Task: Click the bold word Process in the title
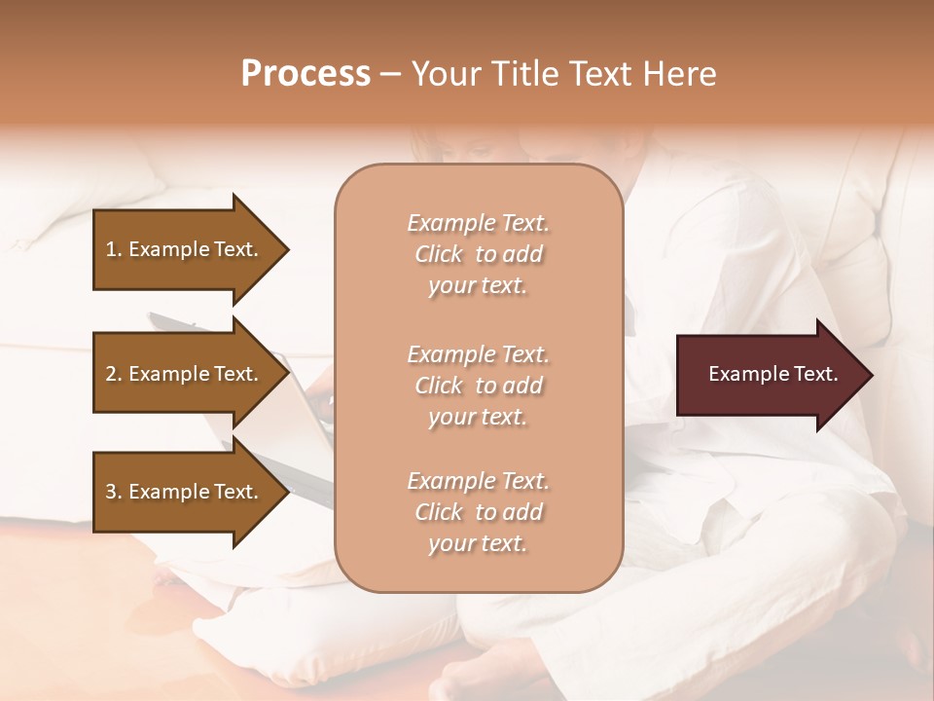point(305,74)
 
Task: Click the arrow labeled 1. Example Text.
point(185,249)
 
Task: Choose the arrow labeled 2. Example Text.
point(185,374)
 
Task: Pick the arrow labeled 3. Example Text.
point(185,492)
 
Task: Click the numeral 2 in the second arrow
point(110,374)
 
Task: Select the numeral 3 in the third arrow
point(110,492)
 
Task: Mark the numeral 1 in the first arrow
point(110,249)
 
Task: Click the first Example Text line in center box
point(478,223)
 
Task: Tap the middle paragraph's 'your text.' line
point(478,417)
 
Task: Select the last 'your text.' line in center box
point(478,544)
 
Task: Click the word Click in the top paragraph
point(439,254)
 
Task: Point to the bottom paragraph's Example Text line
point(478,481)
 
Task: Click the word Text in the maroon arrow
point(816,374)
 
